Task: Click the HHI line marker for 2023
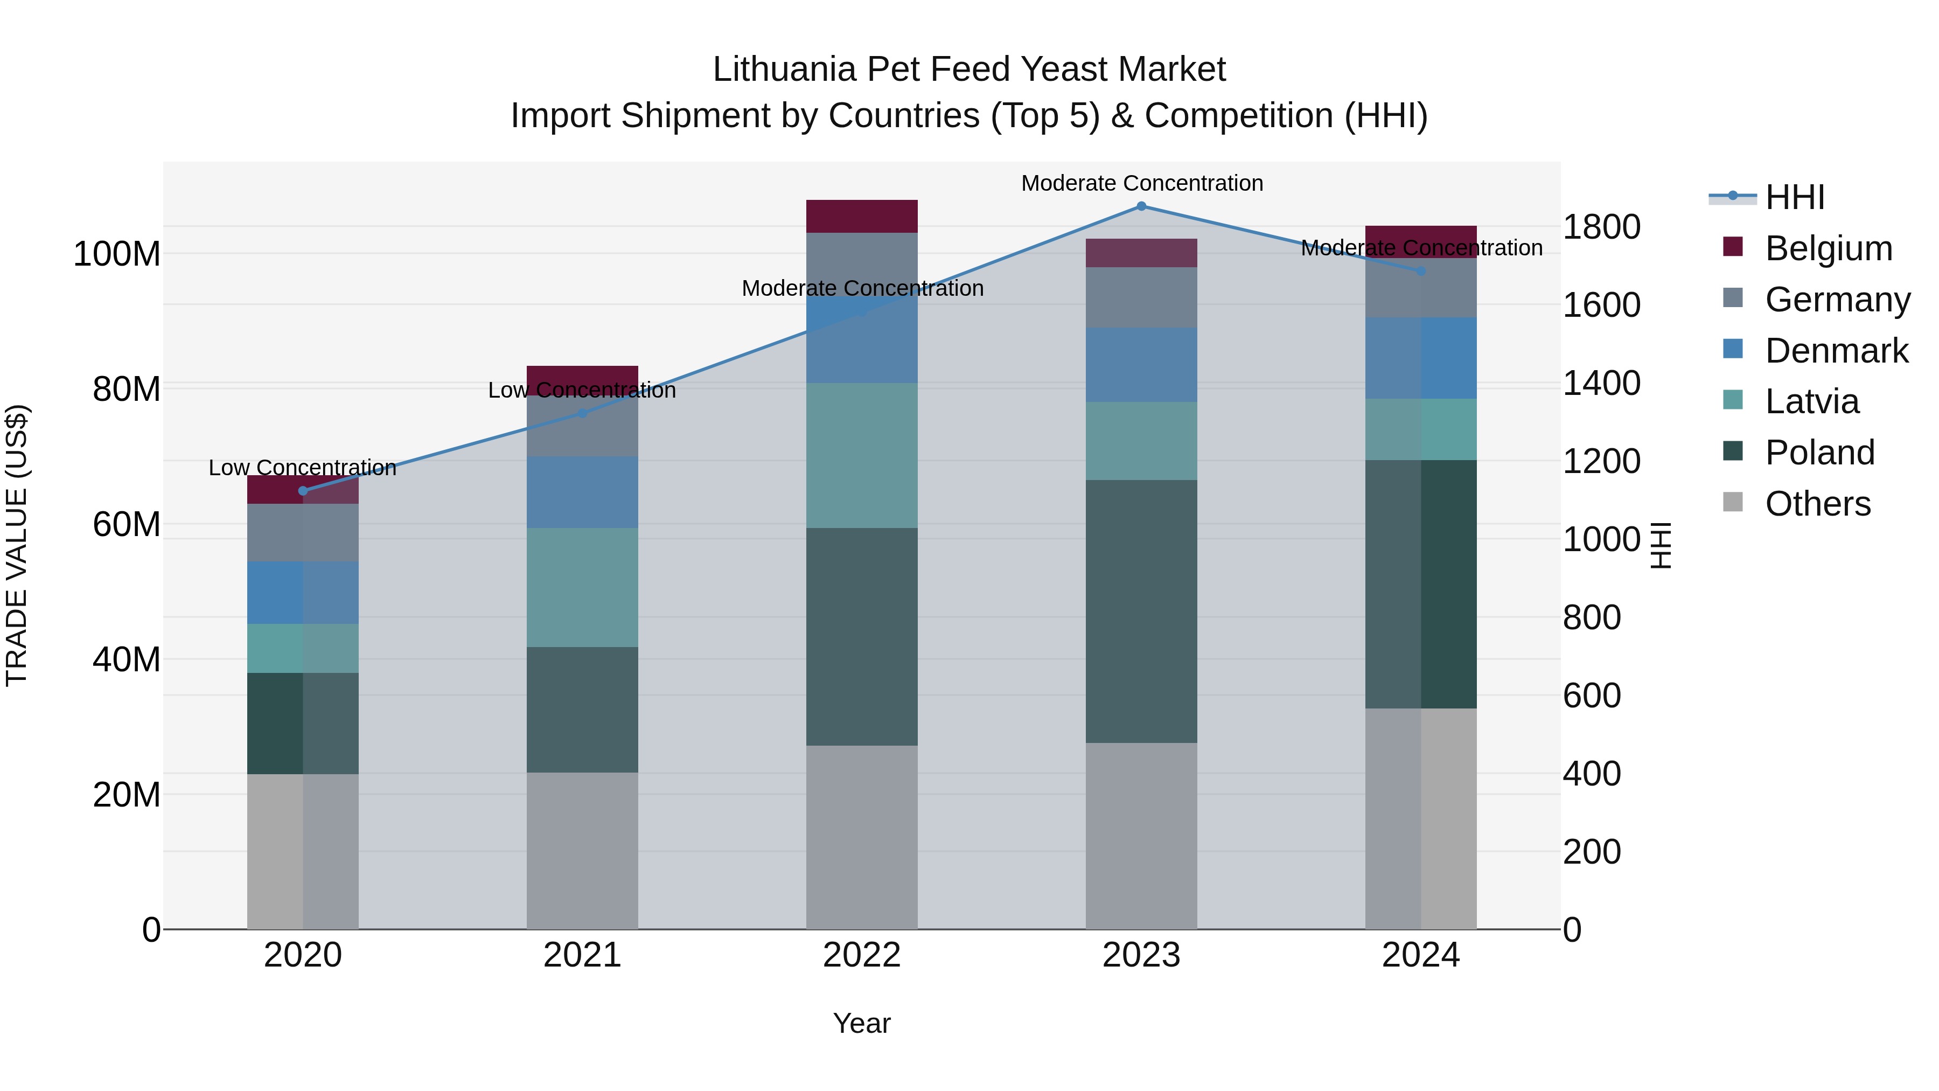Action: [1141, 206]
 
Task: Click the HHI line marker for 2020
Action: [303, 490]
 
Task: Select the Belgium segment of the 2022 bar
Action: [862, 216]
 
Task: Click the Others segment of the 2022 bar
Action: [862, 837]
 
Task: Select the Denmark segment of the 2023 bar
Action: [1141, 364]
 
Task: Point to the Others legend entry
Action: [1817, 504]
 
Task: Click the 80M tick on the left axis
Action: [127, 390]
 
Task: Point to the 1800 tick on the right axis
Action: [1601, 227]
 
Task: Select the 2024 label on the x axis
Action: [1420, 955]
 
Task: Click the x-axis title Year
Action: [862, 1023]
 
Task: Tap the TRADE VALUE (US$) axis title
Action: [17, 545]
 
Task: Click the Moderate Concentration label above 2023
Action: [1141, 183]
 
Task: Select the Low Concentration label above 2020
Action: [303, 468]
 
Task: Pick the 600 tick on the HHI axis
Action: [1591, 695]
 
